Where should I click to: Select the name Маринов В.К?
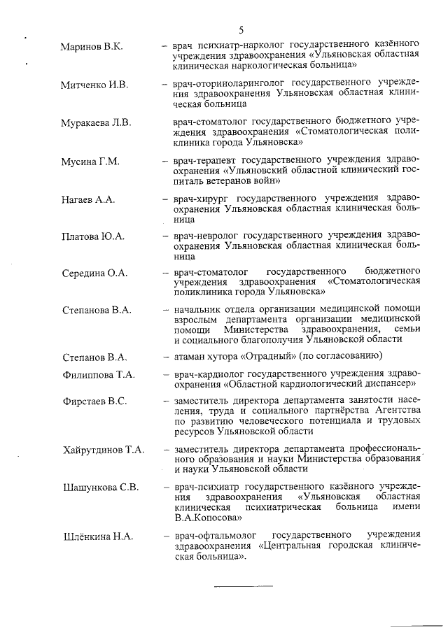point(92,46)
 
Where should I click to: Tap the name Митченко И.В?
point(94,85)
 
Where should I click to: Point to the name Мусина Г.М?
point(90,161)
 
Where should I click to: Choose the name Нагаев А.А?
point(88,199)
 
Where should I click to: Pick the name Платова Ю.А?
point(92,236)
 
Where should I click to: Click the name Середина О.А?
point(94,273)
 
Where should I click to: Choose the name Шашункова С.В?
point(100,487)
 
